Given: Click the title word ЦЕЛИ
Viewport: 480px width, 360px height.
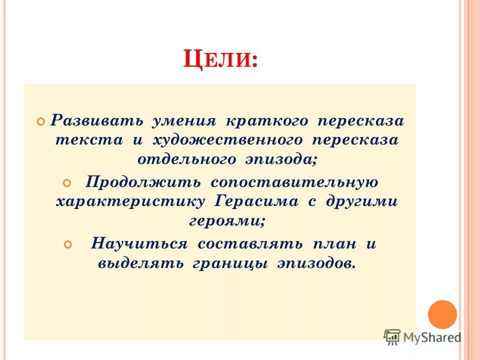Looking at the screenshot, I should pyautogui.click(x=220, y=60).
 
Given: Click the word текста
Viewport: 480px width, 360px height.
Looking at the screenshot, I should pyautogui.click(x=89, y=140).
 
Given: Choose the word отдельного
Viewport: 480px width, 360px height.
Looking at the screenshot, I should pyautogui.click(x=186, y=159).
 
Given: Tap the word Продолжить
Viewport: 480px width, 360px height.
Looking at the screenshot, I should pyautogui.click(x=143, y=182).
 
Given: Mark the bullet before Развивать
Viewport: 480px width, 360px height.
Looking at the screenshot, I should pyautogui.click(x=41, y=121).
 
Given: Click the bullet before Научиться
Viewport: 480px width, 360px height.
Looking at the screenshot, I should pyautogui.click(x=69, y=244).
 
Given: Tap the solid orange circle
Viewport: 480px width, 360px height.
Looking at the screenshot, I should pyautogui.click(x=442, y=314).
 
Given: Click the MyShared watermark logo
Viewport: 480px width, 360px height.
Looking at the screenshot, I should pyautogui.click(x=422, y=337).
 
